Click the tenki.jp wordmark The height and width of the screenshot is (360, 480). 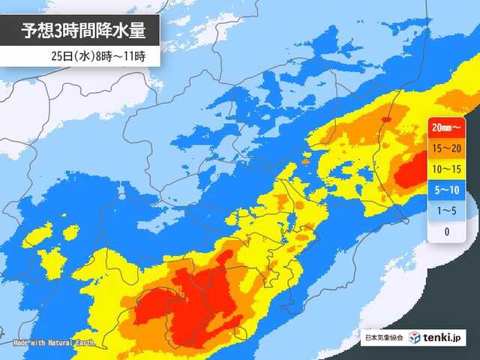pyautogui.click(x=448, y=338)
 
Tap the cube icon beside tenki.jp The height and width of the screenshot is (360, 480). pyautogui.click(x=415, y=338)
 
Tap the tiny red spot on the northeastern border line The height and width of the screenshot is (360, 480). pyautogui.click(x=386, y=119)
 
